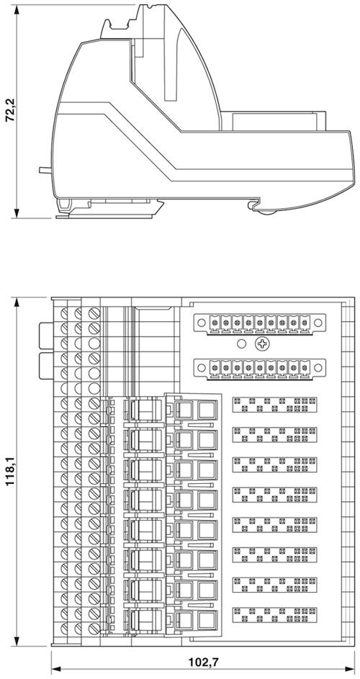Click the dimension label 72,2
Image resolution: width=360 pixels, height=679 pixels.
[x=10, y=111]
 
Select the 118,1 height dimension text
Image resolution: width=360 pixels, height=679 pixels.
[x=10, y=472]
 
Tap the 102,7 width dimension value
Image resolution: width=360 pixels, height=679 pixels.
[x=203, y=662]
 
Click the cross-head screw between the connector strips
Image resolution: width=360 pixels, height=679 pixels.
[x=263, y=345]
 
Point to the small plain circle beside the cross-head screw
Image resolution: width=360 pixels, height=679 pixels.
[x=242, y=345]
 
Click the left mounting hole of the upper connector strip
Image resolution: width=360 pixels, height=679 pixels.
[x=201, y=323]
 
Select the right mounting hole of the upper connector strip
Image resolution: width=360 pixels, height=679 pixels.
[x=318, y=323]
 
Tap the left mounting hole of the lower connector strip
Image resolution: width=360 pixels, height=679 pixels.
[x=201, y=368]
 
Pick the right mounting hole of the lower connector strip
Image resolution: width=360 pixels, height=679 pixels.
[x=318, y=368]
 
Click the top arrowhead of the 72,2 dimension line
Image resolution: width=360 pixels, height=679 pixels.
[x=17, y=9]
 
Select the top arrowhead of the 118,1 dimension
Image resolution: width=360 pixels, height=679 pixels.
[x=17, y=302]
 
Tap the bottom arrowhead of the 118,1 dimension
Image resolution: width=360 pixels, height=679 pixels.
[x=17, y=641]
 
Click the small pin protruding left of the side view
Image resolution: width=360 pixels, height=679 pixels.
[x=45, y=170]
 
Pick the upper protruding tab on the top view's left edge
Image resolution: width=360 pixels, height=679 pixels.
[x=45, y=336]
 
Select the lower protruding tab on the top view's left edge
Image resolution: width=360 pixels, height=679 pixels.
[x=45, y=366]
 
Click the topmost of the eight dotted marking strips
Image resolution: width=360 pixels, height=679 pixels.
[x=274, y=405]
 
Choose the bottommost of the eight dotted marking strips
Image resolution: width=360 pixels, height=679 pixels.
[x=274, y=615]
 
